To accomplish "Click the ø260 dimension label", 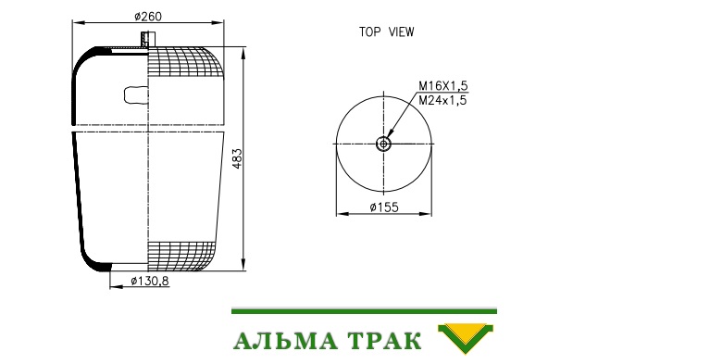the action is (147, 17).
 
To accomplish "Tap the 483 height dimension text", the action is (237, 158).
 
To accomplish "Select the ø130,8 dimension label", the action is (149, 281).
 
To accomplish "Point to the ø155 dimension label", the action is (384, 207).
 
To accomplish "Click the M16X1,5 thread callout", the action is (442, 85).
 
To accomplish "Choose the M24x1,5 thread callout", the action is (442, 100).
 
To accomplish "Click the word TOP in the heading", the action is (370, 32).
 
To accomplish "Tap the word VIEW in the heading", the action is (401, 32).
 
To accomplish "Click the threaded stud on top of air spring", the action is (148, 39).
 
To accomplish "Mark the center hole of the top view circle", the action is (383, 144).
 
